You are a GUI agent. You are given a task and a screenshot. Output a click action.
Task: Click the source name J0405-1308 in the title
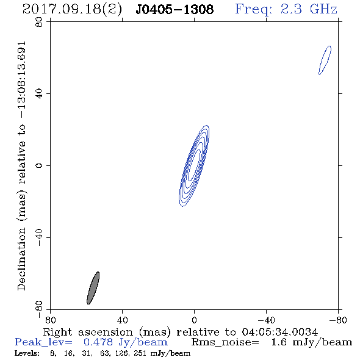coord(175,9)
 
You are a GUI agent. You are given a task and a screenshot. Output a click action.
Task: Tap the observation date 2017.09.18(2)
coord(72,9)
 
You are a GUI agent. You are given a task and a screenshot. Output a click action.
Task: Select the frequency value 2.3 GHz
coord(309,9)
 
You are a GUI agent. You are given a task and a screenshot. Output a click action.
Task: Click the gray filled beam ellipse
coord(93,288)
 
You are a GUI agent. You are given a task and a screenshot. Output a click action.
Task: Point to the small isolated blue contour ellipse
coord(325,60)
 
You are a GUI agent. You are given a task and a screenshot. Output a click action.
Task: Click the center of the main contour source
coord(194,166)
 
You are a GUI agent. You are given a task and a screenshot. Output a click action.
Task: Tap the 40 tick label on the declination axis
coord(39,94)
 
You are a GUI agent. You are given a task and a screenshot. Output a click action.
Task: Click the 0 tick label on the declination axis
coord(39,165)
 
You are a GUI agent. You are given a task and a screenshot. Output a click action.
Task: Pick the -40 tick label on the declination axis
coord(39,237)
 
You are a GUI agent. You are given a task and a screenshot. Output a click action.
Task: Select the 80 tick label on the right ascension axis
coord(50,320)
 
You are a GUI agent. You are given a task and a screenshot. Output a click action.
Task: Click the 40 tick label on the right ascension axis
coord(122,320)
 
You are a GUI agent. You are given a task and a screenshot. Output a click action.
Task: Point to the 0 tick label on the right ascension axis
coord(194,320)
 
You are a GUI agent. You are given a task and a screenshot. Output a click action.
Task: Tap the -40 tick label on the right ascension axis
coord(266,320)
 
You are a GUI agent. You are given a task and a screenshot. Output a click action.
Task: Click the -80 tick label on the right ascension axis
coord(338,320)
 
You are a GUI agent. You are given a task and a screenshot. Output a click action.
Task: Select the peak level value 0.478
coord(98,342)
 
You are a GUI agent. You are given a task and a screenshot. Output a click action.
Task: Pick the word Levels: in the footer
coord(27,353)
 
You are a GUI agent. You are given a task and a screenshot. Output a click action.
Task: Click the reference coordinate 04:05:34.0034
coord(280,332)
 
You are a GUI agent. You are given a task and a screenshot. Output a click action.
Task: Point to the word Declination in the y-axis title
coord(21,259)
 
